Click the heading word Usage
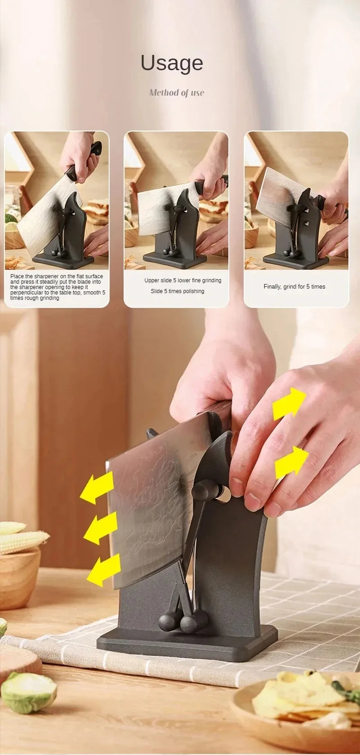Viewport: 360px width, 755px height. point(172,63)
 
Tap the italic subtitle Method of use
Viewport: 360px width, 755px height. point(176,93)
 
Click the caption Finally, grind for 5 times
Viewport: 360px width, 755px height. point(294,287)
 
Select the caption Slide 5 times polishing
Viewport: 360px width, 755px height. point(177,291)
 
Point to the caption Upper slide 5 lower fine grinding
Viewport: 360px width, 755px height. point(183,280)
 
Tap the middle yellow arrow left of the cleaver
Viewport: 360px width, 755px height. point(101,528)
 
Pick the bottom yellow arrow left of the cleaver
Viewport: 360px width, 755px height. point(104,570)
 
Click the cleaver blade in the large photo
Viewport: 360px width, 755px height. point(148,504)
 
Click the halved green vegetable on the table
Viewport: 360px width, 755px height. point(28,691)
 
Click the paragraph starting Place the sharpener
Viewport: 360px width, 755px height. point(57,287)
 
